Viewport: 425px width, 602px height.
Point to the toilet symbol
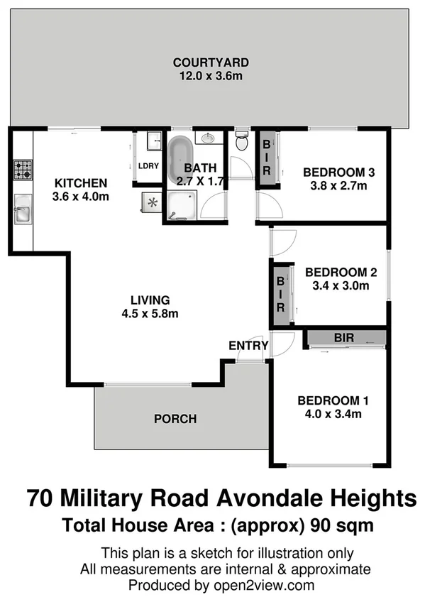point(241,142)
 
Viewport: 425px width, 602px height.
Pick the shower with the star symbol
point(151,202)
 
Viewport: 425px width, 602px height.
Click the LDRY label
point(148,166)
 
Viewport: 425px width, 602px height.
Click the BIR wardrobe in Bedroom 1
point(344,337)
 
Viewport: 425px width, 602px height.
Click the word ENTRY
point(248,346)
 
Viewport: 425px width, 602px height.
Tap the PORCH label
point(175,419)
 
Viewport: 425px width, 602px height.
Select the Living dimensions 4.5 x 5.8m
point(148,314)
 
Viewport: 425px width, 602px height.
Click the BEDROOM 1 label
point(333,399)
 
